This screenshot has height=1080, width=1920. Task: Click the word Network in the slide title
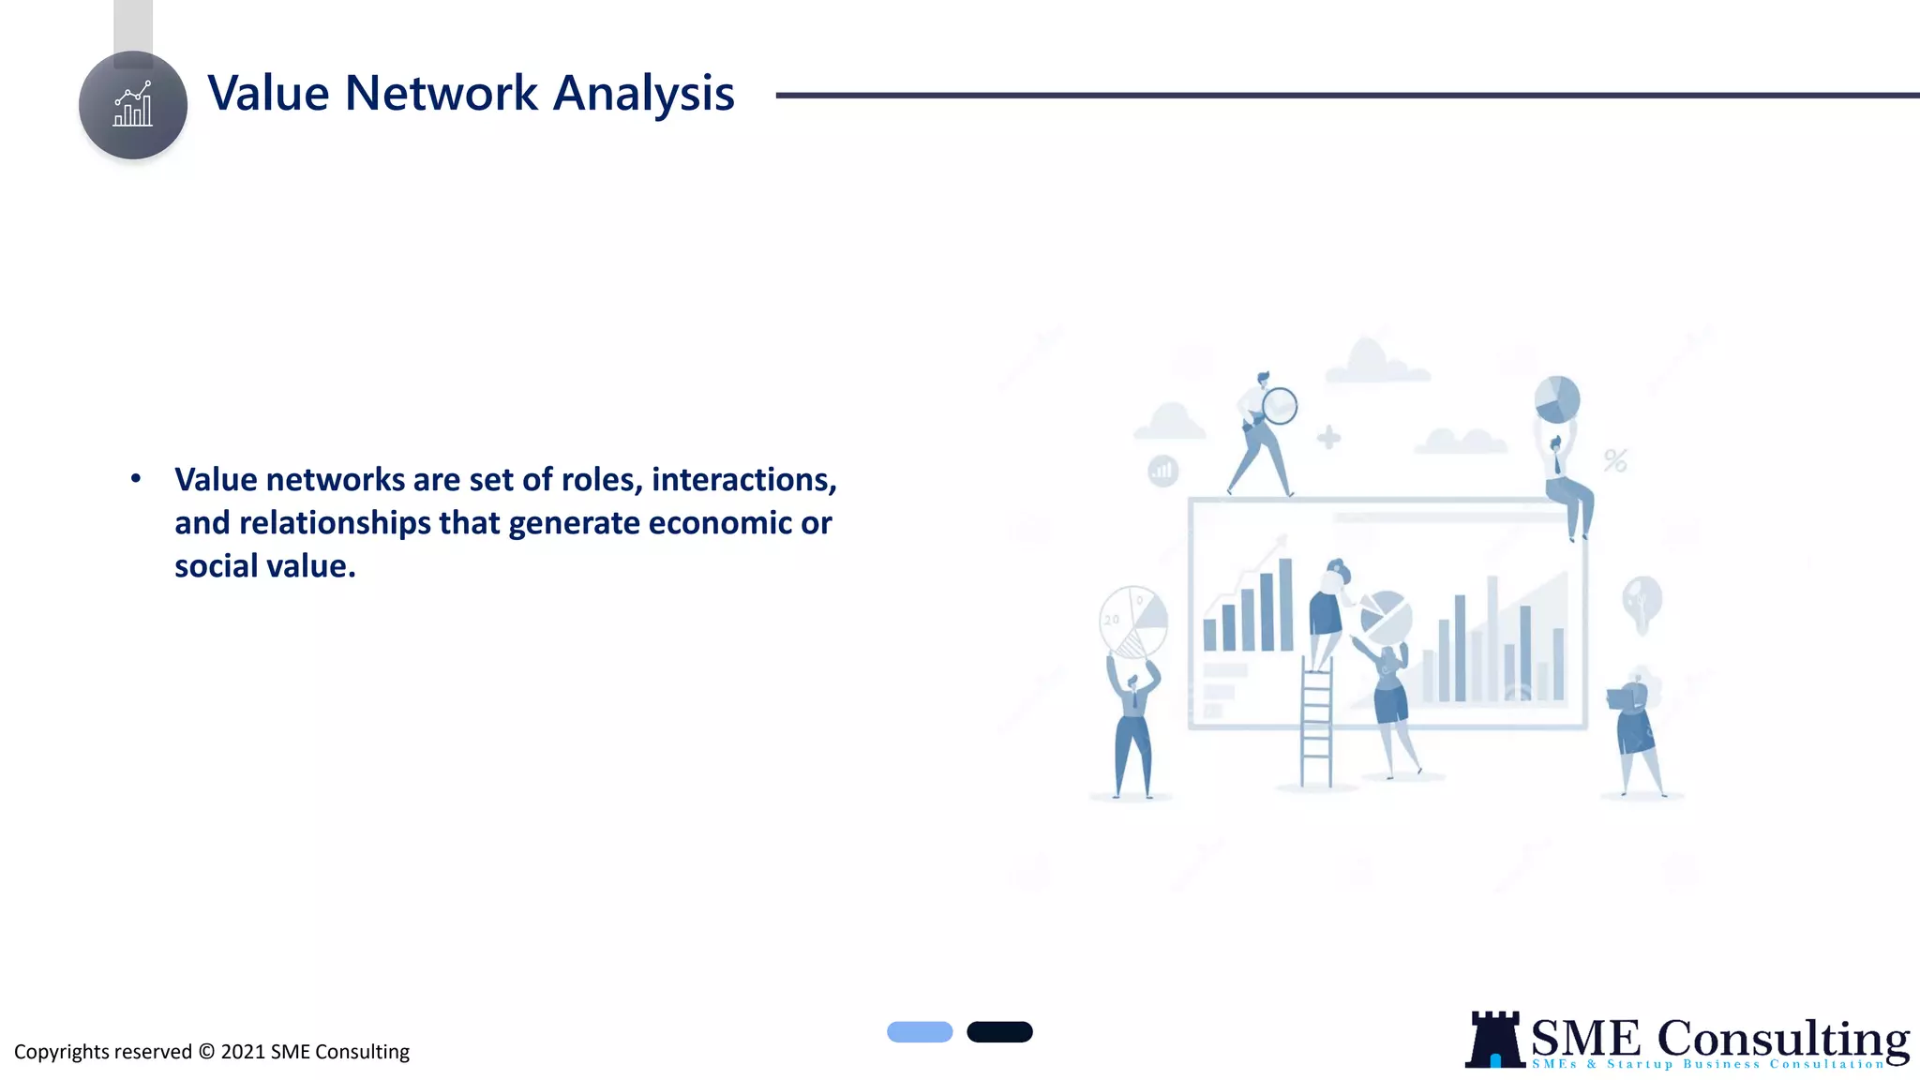click(x=441, y=94)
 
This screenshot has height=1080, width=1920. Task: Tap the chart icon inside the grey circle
click(x=133, y=104)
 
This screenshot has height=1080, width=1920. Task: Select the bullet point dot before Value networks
click(x=136, y=479)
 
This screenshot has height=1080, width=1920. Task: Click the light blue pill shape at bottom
click(x=920, y=1032)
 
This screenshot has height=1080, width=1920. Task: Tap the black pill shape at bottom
click(x=999, y=1032)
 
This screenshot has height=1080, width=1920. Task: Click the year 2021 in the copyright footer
click(x=243, y=1052)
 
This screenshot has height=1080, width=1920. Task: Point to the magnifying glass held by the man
click(x=1280, y=406)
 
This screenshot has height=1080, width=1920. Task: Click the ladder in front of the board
click(x=1316, y=722)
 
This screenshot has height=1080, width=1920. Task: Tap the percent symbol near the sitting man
click(x=1614, y=460)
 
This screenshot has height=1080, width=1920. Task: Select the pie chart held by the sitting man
click(x=1557, y=399)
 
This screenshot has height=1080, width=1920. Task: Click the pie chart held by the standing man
click(x=1132, y=621)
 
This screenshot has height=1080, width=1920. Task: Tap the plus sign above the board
click(x=1328, y=437)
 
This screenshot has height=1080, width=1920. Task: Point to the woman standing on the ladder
click(x=1327, y=609)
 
